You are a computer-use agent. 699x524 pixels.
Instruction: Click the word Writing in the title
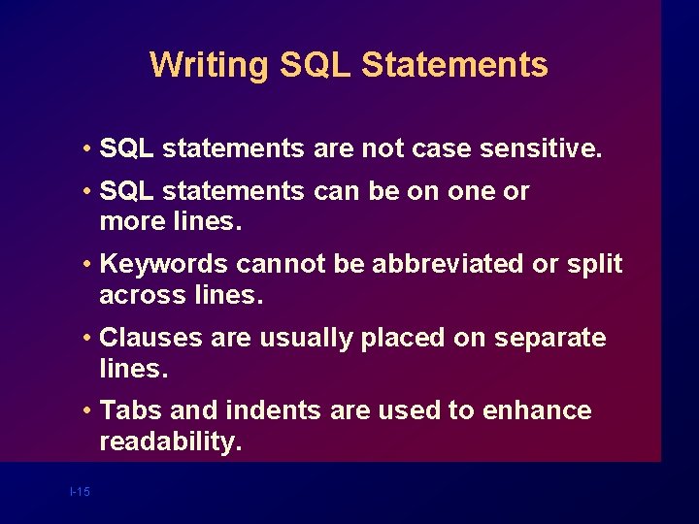[209, 65]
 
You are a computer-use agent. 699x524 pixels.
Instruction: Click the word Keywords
[164, 264]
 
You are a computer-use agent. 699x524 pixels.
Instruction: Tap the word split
[593, 264]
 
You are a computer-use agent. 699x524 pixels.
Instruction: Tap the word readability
[168, 442]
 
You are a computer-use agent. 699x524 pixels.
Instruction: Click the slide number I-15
[80, 492]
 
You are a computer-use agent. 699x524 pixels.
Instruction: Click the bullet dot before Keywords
[87, 264]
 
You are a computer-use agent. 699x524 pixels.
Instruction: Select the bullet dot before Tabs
[87, 410]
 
